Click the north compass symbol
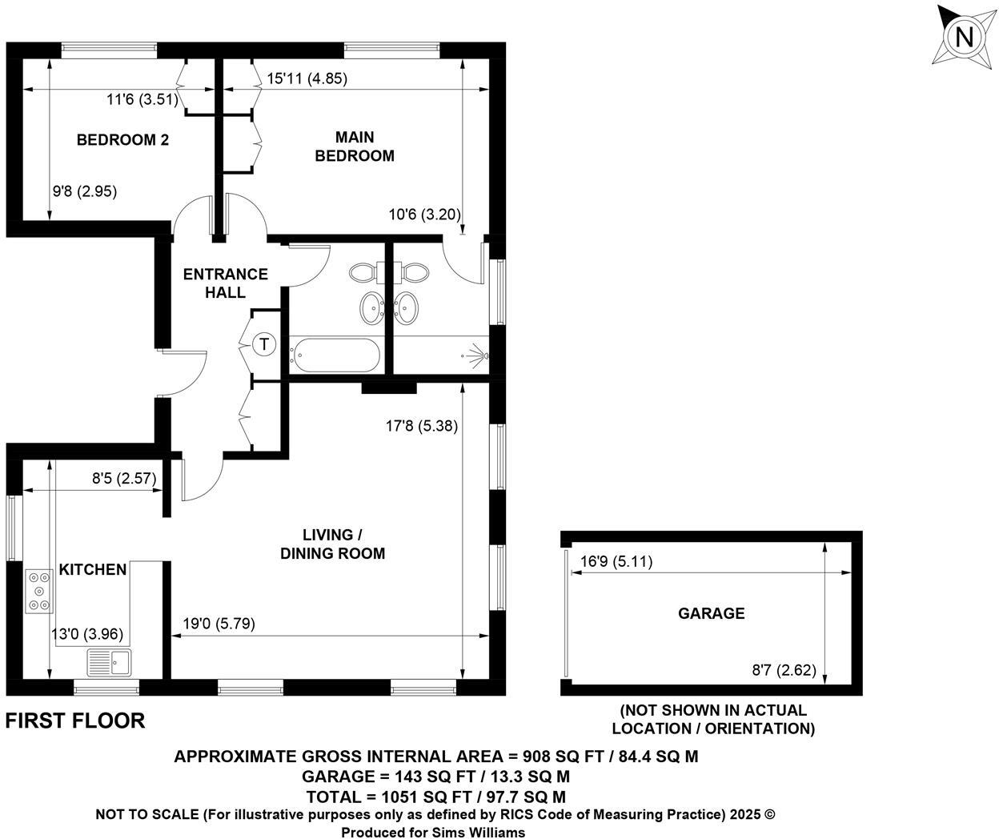[965, 37]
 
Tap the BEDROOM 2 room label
[122, 140]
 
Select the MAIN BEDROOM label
[355, 147]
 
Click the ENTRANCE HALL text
[225, 283]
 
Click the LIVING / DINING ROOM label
[332, 544]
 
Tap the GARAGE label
[711, 613]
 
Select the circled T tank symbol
[263, 345]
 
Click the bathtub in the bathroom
[335, 355]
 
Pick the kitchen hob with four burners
[38, 592]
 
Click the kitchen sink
[110, 663]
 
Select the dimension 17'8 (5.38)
[421, 427]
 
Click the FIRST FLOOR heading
[75, 721]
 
